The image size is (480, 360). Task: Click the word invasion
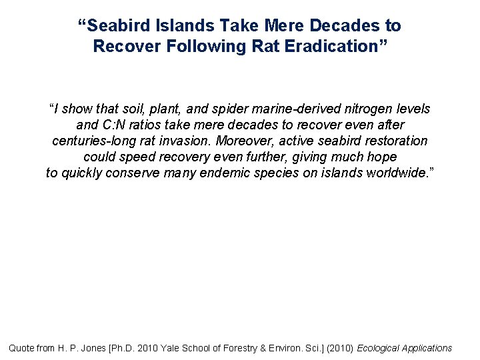pyautogui.click(x=203, y=141)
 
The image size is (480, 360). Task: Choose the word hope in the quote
pyautogui.click(x=381, y=157)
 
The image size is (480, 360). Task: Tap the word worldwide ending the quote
pyautogui.click(x=399, y=173)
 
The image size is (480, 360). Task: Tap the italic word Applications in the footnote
pyautogui.click(x=428, y=347)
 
